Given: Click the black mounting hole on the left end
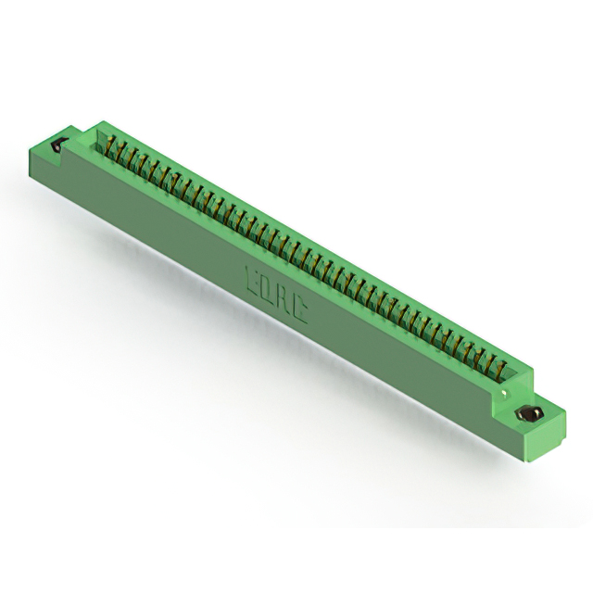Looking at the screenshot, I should click(x=58, y=145).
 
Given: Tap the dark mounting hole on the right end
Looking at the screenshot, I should click(x=531, y=413).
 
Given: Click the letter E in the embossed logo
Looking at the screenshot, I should click(x=251, y=275).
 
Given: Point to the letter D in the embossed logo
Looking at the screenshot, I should click(x=268, y=285).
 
